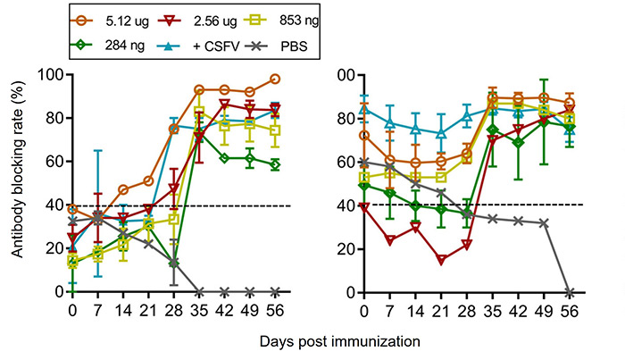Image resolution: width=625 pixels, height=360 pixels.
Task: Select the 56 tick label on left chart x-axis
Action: [x=276, y=308]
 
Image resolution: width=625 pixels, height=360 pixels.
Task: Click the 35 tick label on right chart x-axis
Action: [x=493, y=308]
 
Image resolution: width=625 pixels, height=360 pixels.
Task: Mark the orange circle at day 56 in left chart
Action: [x=275, y=79]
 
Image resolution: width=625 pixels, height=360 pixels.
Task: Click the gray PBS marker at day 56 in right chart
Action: [x=570, y=292]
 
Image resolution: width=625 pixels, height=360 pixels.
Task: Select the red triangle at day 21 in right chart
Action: [x=441, y=260]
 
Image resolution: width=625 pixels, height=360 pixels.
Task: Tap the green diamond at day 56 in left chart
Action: [x=275, y=165]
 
